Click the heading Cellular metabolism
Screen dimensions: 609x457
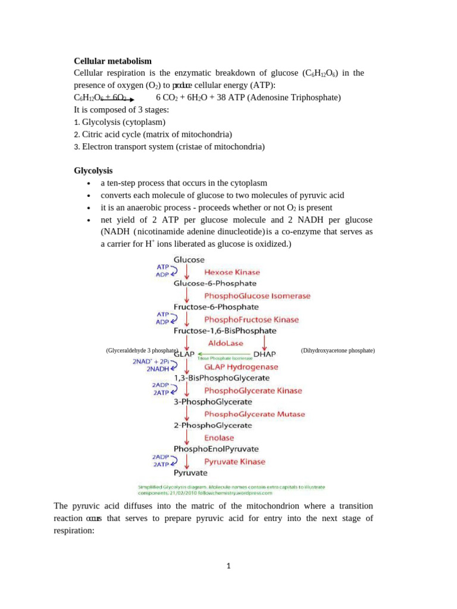(x=112, y=61)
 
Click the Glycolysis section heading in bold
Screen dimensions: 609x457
(x=93, y=171)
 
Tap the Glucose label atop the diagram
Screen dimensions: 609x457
(x=189, y=260)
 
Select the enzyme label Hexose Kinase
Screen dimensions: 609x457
(x=232, y=272)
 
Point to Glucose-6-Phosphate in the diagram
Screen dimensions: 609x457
(x=215, y=284)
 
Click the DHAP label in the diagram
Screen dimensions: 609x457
(x=265, y=354)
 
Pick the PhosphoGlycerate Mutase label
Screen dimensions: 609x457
(x=254, y=414)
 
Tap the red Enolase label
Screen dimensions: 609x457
(x=219, y=438)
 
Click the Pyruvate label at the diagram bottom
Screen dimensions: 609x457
(x=190, y=473)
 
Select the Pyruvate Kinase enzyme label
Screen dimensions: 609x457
(x=234, y=462)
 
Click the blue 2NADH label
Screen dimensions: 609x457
(x=158, y=369)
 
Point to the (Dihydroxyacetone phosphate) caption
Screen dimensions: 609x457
(x=337, y=351)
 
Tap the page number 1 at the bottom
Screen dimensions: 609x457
(x=228, y=566)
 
